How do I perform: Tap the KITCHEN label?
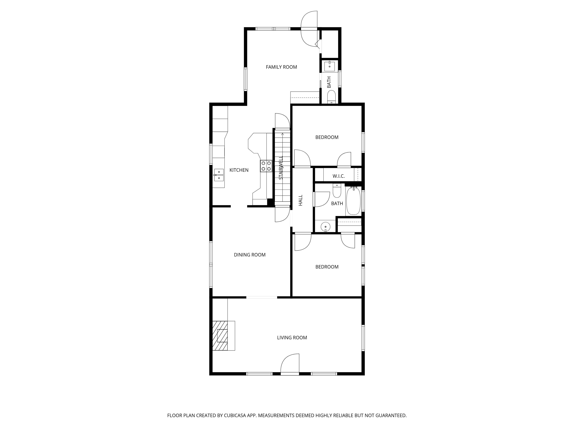point(239,170)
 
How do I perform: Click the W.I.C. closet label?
point(338,176)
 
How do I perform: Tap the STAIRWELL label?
point(281,168)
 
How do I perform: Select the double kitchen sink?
point(219,175)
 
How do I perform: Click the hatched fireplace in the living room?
point(220,336)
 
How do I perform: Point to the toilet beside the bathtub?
point(337,191)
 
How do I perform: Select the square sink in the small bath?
point(330,66)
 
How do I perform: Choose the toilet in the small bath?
point(331,98)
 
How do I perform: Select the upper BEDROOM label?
point(327,137)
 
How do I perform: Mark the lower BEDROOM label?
point(327,267)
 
